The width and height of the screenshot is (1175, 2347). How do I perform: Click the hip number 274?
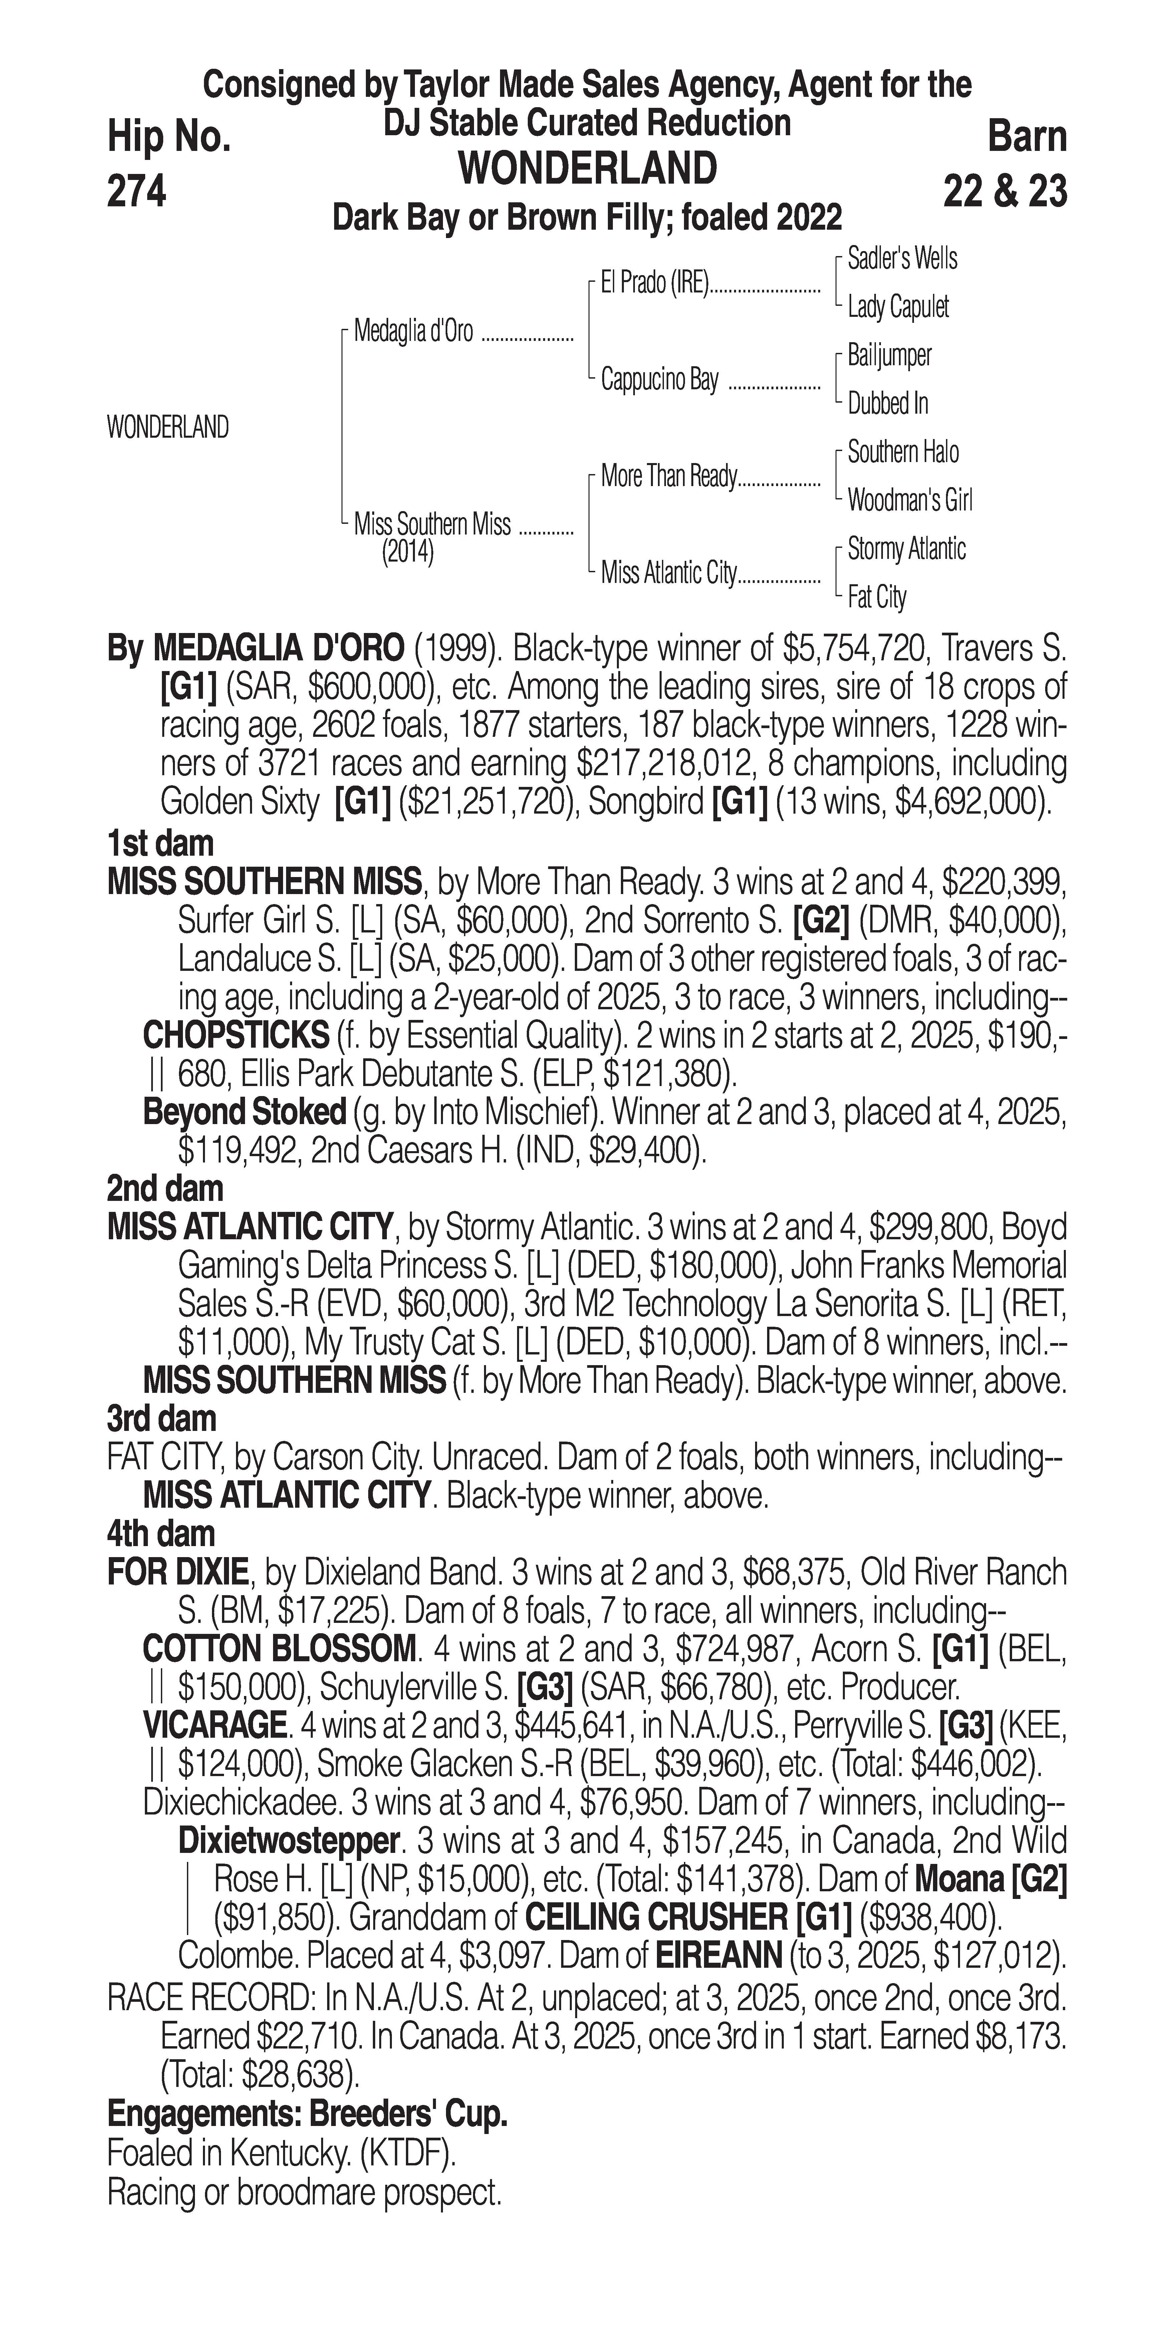point(137,191)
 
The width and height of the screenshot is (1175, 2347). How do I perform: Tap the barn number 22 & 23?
point(1005,191)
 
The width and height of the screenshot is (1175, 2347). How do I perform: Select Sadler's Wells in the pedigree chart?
point(902,259)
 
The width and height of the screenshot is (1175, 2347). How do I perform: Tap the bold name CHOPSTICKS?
point(236,1035)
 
